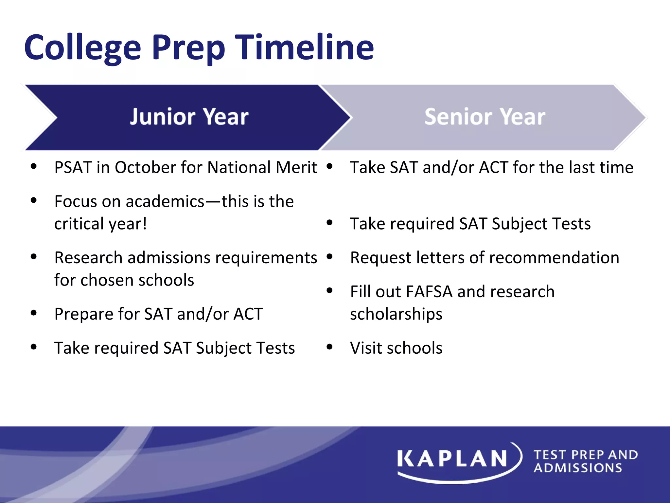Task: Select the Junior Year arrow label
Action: [x=189, y=117]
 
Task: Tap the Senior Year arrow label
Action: [x=485, y=117]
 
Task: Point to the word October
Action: [x=146, y=167]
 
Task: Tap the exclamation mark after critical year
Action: [x=144, y=224]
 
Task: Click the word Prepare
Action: [x=84, y=314]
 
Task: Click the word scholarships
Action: [x=396, y=314]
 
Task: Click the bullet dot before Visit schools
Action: [x=329, y=347]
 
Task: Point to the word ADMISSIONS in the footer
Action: [x=578, y=468]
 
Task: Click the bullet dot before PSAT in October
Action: [x=33, y=166]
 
